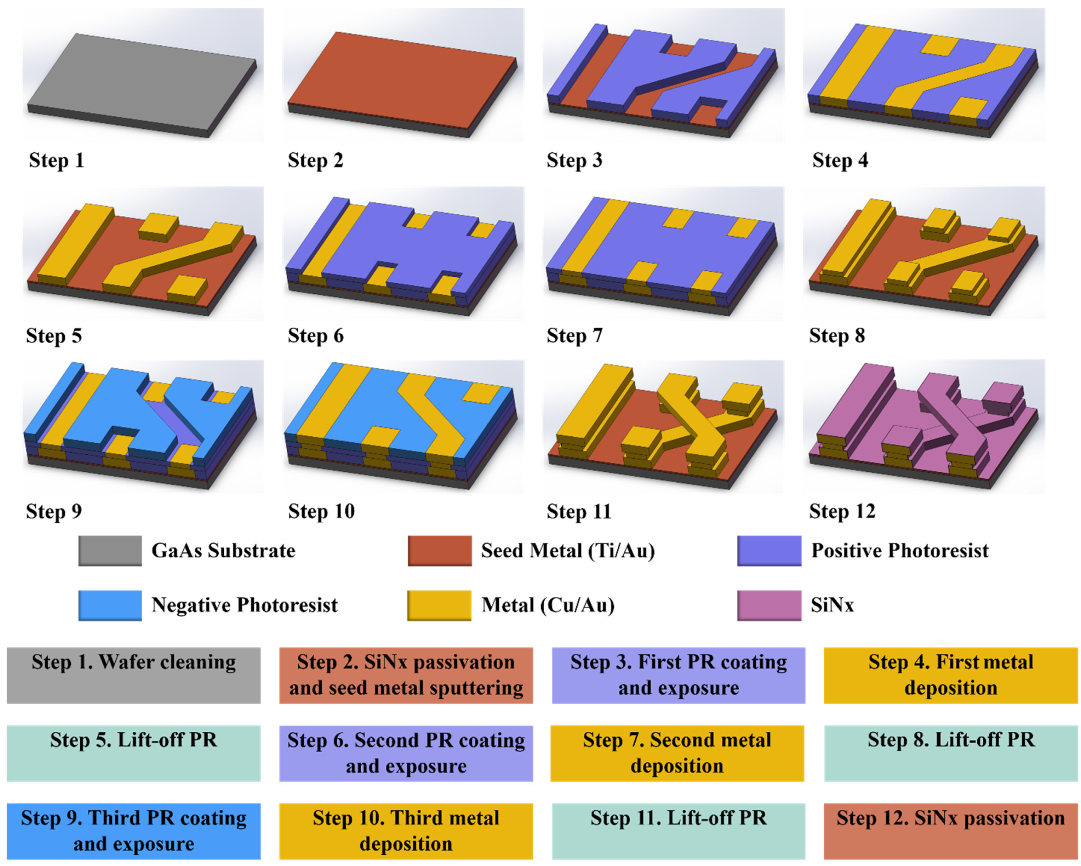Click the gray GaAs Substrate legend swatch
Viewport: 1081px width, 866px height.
click(x=110, y=550)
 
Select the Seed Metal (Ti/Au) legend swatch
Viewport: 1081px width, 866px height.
click(x=439, y=550)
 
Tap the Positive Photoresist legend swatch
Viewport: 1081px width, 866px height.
click(x=769, y=550)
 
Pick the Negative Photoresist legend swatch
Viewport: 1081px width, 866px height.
click(x=110, y=605)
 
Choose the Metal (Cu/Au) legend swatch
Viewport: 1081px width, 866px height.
click(x=439, y=605)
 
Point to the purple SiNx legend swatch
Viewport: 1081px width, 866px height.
click(x=769, y=605)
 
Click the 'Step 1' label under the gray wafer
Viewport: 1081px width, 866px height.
click(x=56, y=161)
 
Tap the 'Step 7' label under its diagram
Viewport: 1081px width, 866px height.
click(x=574, y=335)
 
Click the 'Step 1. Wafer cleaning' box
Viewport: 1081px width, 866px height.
click(x=133, y=675)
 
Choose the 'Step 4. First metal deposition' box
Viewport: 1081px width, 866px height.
click(x=951, y=675)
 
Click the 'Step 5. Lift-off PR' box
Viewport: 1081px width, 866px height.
click(x=133, y=753)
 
